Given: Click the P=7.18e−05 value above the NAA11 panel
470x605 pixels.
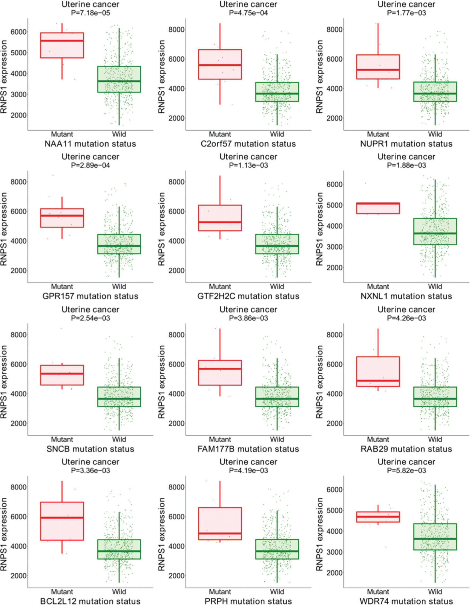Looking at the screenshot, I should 90,13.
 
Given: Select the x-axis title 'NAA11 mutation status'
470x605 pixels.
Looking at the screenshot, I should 90,144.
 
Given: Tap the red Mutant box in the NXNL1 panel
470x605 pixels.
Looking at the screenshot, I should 378,208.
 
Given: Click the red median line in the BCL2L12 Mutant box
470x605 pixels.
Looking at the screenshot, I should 62,517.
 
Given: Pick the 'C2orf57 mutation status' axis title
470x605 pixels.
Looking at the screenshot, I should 248,144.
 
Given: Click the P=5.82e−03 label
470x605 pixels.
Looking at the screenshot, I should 406,470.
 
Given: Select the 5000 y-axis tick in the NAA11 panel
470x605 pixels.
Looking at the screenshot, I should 18,53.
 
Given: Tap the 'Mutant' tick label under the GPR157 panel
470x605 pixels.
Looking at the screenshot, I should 62,286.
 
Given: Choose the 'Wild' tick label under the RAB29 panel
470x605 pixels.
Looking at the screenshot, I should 435,439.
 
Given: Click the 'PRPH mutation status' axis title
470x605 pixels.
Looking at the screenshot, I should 248,601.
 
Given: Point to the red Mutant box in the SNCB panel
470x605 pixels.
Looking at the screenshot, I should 62,375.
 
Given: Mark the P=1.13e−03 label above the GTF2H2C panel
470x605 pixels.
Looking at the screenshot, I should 248,165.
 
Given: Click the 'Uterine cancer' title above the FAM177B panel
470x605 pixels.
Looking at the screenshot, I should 248,309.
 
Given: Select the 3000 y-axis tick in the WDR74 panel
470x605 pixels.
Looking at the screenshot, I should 335,552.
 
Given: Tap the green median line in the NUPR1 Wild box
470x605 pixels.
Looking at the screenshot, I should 435,93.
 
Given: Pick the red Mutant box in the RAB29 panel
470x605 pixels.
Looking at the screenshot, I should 378,371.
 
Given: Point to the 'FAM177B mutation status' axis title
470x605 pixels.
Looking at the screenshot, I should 248,449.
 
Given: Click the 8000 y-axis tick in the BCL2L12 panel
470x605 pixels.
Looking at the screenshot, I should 18,487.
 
